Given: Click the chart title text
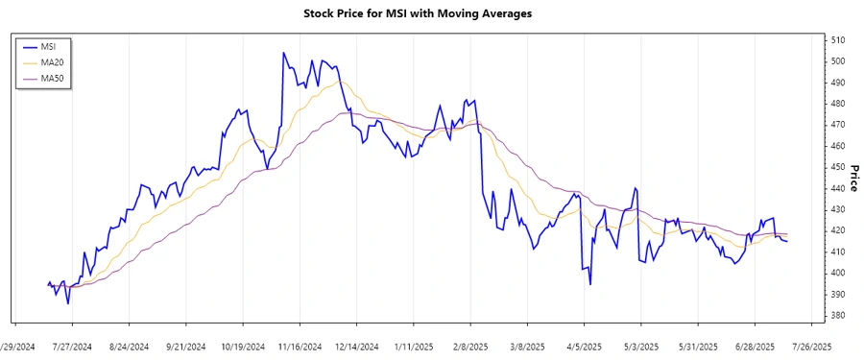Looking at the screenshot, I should (431, 14).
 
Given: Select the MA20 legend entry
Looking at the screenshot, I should (52, 61).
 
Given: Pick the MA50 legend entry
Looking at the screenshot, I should (52, 78).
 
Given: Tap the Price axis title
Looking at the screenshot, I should (853, 179).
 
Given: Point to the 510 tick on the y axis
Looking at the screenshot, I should (837, 40).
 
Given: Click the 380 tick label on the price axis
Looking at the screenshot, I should (837, 315).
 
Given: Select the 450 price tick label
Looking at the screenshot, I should (837, 167).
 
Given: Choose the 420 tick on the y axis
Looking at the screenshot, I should (837, 230).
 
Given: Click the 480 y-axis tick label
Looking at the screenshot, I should (837, 104).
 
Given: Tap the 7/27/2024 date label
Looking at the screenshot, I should (72, 346).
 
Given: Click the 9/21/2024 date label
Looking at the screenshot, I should (188, 346).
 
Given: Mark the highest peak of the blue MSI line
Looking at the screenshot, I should (282, 53).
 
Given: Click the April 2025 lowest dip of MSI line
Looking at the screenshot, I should (589, 284).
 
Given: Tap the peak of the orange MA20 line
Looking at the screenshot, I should (338, 81).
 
